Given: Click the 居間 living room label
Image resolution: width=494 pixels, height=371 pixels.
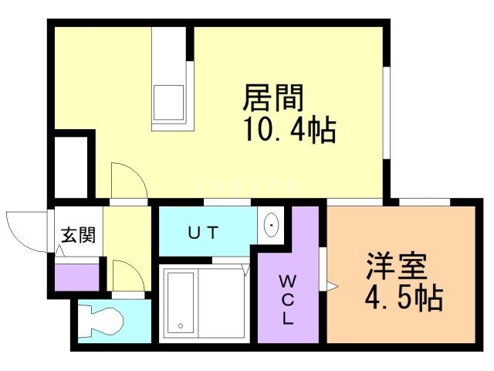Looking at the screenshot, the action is coord(272,97).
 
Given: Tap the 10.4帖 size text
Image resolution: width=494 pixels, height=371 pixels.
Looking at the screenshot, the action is coord(290,129).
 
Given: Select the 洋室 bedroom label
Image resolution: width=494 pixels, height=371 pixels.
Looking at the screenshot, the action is coord(396,266).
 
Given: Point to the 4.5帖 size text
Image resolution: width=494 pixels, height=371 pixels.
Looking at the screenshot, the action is coord(404,297).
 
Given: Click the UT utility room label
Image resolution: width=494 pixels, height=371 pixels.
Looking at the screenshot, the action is coord(202,233).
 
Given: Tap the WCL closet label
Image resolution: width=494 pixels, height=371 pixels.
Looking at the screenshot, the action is coord(287,299).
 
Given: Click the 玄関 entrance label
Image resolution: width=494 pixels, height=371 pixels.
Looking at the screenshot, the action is coord(78,235).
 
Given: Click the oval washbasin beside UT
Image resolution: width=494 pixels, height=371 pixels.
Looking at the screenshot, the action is coord(271,225).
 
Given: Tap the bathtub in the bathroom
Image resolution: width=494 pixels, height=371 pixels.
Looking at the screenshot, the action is coord(180,302).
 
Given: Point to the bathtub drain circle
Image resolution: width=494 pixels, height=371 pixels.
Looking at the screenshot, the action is coord(181,325).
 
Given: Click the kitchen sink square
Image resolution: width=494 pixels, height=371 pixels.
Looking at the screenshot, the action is coord(168,103).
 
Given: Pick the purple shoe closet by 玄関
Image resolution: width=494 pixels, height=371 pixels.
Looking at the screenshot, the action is coord(77,277).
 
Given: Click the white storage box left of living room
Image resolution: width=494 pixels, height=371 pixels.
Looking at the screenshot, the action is coord(71,168).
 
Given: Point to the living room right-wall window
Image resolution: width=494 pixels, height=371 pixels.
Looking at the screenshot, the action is coord(387,113).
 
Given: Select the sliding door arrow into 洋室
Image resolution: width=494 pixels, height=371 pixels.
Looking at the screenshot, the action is coord(333,287).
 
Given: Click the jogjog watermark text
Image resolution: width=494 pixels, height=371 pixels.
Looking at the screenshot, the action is coord(246,186).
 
